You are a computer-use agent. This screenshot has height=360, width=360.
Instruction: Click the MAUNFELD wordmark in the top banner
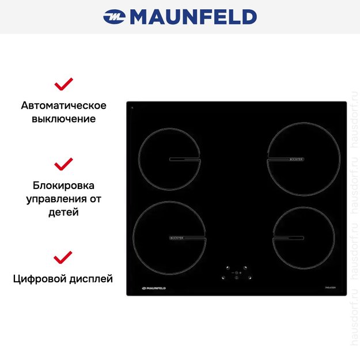tap(193, 17)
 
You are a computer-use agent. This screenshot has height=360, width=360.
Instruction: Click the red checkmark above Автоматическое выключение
tap(63, 85)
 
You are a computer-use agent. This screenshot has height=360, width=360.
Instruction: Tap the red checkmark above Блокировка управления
tap(63, 164)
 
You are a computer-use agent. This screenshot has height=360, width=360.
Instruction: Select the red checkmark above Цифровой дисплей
tap(63, 256)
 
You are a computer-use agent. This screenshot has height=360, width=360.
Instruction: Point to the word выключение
tap(63, 119)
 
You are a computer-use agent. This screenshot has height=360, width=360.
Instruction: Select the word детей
tap(63, 212)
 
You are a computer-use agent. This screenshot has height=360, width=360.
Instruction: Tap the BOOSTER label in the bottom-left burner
tap(177, 237)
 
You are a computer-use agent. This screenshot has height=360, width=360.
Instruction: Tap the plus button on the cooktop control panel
tap(240, 273)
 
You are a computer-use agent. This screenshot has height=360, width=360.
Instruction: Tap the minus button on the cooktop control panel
tap(233, 273)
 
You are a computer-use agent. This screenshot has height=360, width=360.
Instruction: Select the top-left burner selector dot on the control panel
tap(228, 268)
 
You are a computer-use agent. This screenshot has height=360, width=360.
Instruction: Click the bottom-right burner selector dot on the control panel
tap(250, 278)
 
